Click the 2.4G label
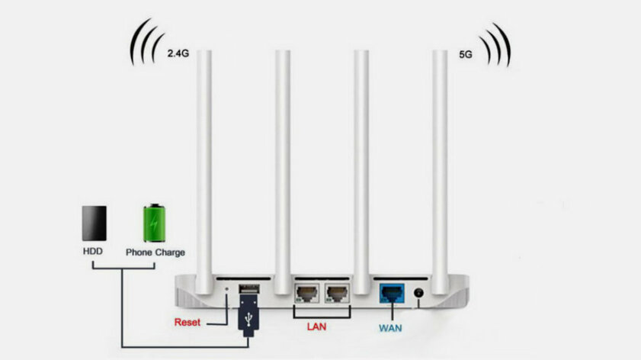177,53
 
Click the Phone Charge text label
155,252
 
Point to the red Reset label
187,322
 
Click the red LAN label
316,327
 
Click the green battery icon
155,221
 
